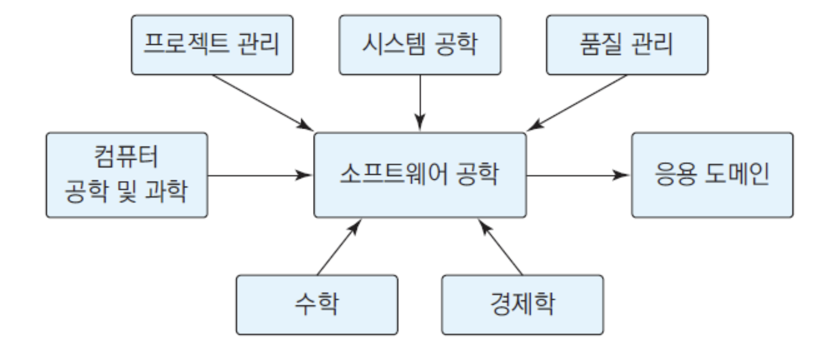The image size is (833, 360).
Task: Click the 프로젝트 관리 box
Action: pyautogui.click(x=212, y=45)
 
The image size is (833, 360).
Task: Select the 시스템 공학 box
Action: pyautogui.click(x=420, y=45)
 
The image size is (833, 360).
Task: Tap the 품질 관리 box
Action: pyautogui.click(x=627, y=45)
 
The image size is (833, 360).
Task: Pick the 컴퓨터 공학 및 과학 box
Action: pyautogui.click(x=127, y=175)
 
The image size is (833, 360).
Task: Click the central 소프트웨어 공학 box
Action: pyautogui.click(x=420, y=175)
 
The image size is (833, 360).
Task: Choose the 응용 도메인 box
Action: pyautogui.click(x=712, y=175)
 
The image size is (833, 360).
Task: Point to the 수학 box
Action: pyautogui.click(x=317, y=305)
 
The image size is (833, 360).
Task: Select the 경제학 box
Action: pyautogui.click(x=522, y=305)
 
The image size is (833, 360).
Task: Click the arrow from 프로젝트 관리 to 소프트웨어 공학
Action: pyautogui.click(x=263, y=103)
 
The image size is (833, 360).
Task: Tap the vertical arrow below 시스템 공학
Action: pyautogui.click(x=420, y=103)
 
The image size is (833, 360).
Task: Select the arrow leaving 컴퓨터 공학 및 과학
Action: pyautogui.click(x=260, y=175)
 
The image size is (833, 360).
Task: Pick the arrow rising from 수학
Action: pyautogui.click(x=339, y=247)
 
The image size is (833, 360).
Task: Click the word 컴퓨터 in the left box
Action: pyautogui.click(x=126, y=157)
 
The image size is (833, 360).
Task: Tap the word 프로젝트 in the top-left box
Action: pyautogui.click(x=186, y=44)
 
